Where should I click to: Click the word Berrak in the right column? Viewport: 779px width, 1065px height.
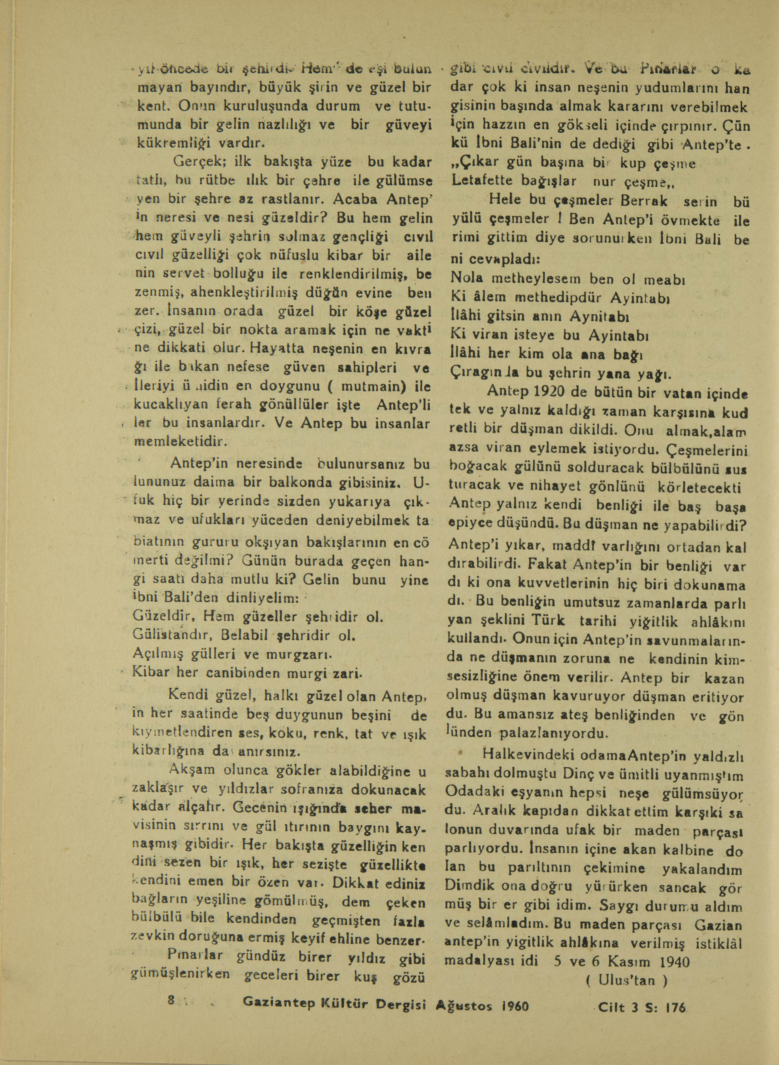coord(644,201)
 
